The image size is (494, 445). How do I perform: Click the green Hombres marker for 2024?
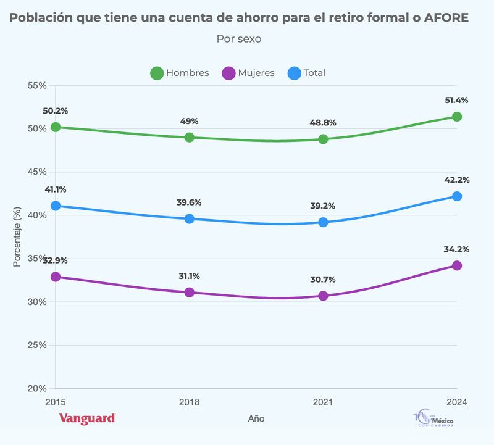[457, 117]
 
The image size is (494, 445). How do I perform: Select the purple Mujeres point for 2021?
[323, 296]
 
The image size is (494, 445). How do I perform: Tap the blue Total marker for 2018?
[190, 218]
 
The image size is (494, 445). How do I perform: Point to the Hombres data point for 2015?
[56, 127]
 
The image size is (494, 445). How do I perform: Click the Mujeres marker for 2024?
[457, 265]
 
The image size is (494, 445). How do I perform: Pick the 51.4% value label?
[457, 100]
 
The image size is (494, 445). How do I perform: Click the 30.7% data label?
[323, 279]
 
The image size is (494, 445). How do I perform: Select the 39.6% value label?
[190, 202]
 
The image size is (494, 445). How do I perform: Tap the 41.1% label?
[56, 189]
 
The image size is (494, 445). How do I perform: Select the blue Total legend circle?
[295, 73]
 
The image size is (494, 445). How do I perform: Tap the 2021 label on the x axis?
[323, 402]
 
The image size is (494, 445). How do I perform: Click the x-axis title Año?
[256, 418]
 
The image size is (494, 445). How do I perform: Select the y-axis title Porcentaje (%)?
[17, 237]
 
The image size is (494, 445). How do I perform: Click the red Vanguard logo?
[87, 418]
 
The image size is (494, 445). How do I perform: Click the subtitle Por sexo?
[239, 39]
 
